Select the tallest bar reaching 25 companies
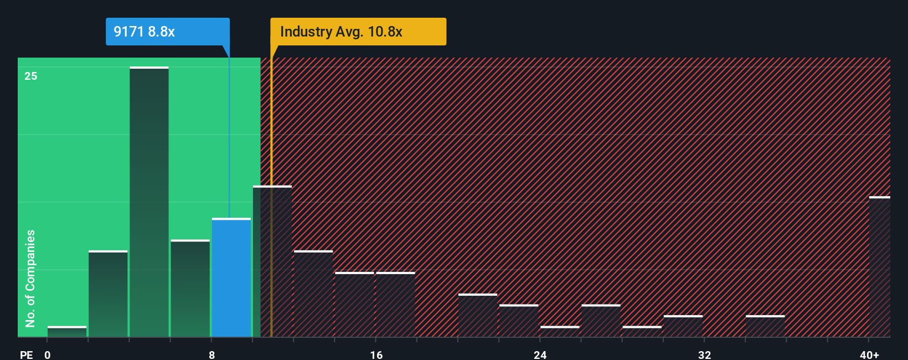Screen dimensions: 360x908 pos(149,202)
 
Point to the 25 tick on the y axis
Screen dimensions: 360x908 pos(31,76)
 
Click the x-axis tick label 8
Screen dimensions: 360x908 pos(211,354)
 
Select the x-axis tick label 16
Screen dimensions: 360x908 pos(376,354)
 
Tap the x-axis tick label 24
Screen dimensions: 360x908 pos(540,354)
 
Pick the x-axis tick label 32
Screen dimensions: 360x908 pos(704,354)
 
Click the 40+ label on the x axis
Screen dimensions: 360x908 pos(869,354)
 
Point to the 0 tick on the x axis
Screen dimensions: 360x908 pos(48,354)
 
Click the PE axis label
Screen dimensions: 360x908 pos(26,354)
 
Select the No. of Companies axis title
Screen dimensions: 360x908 pos(30,278)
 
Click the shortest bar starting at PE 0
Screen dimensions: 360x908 pos(67,332)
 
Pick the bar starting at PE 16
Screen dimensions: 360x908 pos(395,305)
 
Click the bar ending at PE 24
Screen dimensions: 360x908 pos(519,321)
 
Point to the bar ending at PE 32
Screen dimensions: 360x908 pos(683,326)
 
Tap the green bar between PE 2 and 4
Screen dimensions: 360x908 pos(108,294)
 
